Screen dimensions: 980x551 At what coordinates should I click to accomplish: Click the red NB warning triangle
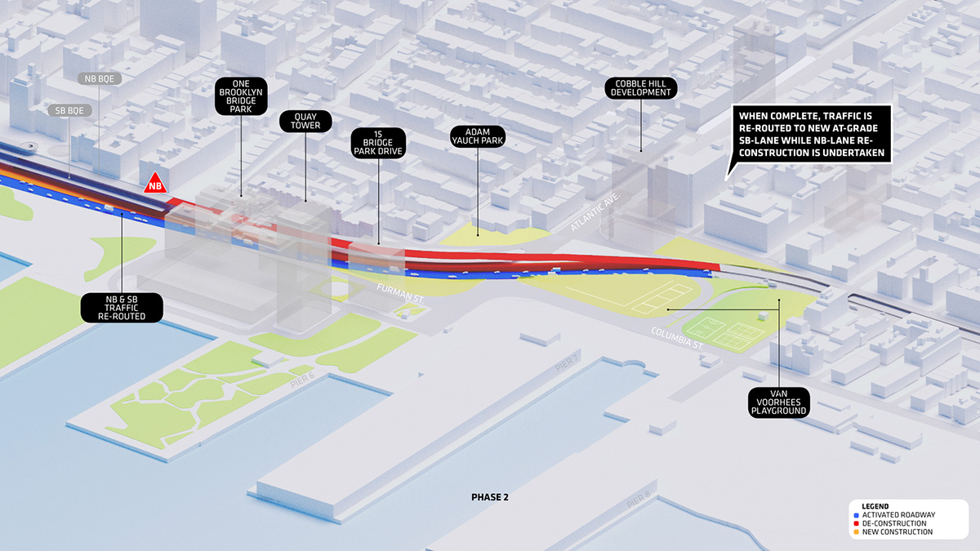pyautogui.click(x=154, y=184)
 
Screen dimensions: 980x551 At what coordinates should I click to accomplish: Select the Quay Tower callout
pyautogui.click(x=305, y=121)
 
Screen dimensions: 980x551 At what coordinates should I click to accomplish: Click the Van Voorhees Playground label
pyautogui.click(x=778, y=402)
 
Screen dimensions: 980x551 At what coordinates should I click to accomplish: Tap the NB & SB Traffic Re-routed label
pyautogui.click(x=122, y=307)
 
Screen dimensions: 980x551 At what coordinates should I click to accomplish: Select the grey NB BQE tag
pyautogui.click(x=100, y=79)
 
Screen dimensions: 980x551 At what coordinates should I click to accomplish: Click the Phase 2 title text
pyautogui.click(x=490, y=496)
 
